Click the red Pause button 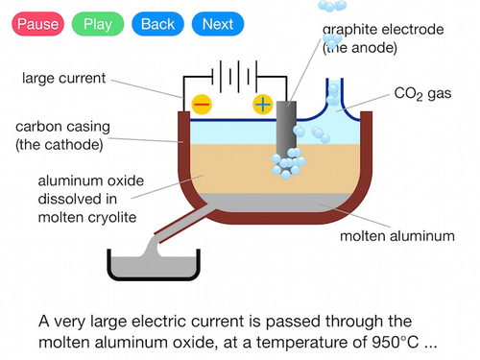[38, 24]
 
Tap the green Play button [98, 24]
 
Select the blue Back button [157, 24]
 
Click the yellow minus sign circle [202, 105]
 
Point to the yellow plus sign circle [263, 105]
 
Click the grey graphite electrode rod [286, 128]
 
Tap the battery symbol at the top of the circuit [234, 77]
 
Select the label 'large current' [63, 78]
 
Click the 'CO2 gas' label [422, 94]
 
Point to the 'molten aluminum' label [397, 236]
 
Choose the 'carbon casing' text [62, 127]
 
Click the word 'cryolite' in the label [112, 218]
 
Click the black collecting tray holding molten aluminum [154, 276]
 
